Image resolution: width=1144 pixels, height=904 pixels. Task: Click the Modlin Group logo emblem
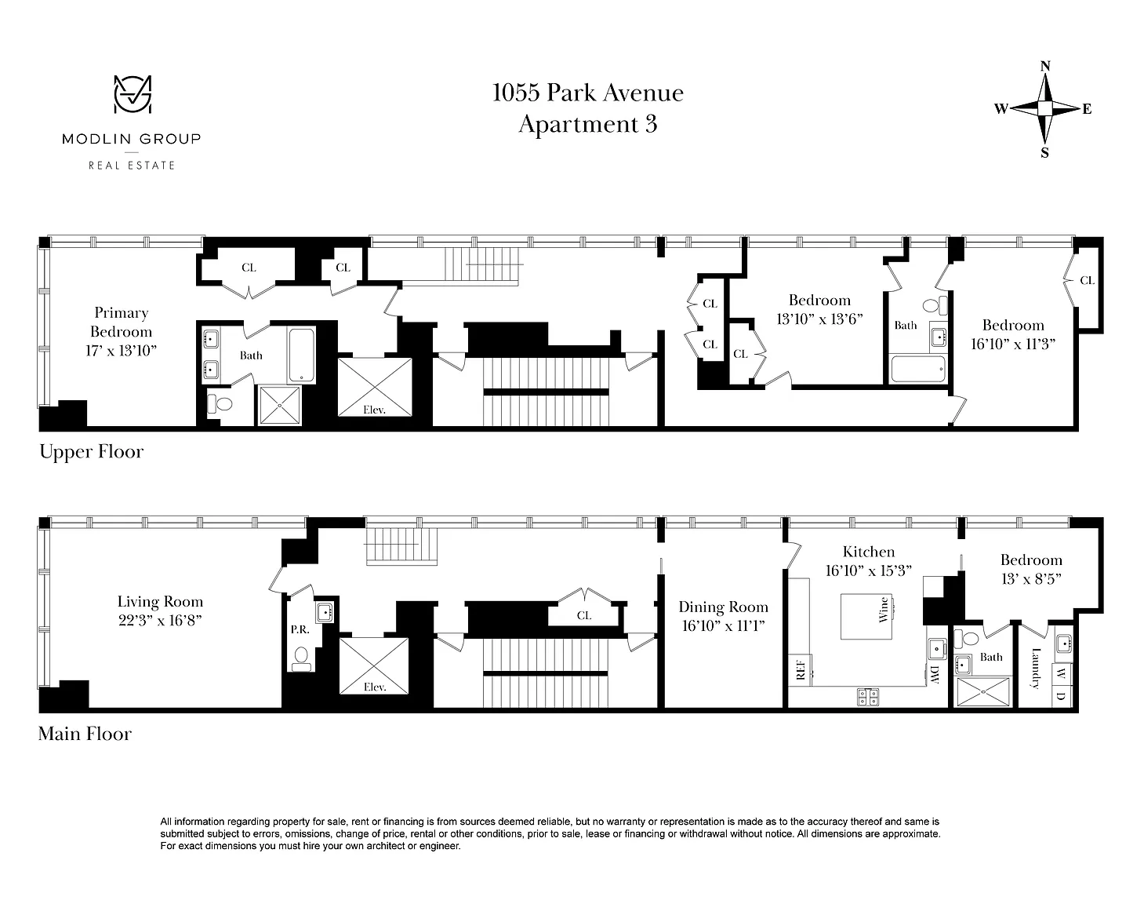click(x=133, y=94)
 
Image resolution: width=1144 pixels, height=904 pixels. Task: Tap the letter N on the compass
click(x=1044, y=66)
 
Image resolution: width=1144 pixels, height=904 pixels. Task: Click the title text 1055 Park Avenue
click(x=587, y=93)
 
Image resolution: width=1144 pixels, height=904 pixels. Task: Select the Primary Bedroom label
click(x=122, y=322)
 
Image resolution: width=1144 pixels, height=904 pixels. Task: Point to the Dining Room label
click(x=723, y=607)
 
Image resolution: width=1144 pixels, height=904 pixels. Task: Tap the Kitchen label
click(x=869, y=552)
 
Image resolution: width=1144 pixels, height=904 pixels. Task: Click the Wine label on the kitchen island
click(x=884, y=610)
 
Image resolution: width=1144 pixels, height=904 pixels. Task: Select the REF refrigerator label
click(x=801, y=670)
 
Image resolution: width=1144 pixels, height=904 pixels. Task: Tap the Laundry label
click(x=1036, y=669)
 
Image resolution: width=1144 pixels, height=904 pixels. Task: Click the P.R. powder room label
click(x=300, y=630)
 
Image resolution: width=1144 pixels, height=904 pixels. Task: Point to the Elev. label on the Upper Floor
click(x=374, y=410)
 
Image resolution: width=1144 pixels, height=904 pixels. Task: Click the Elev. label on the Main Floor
click(x=374, y=687)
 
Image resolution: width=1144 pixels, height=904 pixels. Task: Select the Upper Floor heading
click(x=92, y=452)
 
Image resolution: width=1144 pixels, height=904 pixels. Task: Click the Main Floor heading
click(x=85, y=734)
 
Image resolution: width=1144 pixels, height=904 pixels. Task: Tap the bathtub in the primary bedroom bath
click(x=301, y=355)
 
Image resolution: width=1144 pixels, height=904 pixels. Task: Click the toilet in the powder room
click(x=301, y=658)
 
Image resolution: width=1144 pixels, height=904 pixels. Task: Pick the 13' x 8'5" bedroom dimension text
click(x=1031, y=579)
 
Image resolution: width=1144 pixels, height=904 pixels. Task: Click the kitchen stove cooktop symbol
click(x=868, y=697)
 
